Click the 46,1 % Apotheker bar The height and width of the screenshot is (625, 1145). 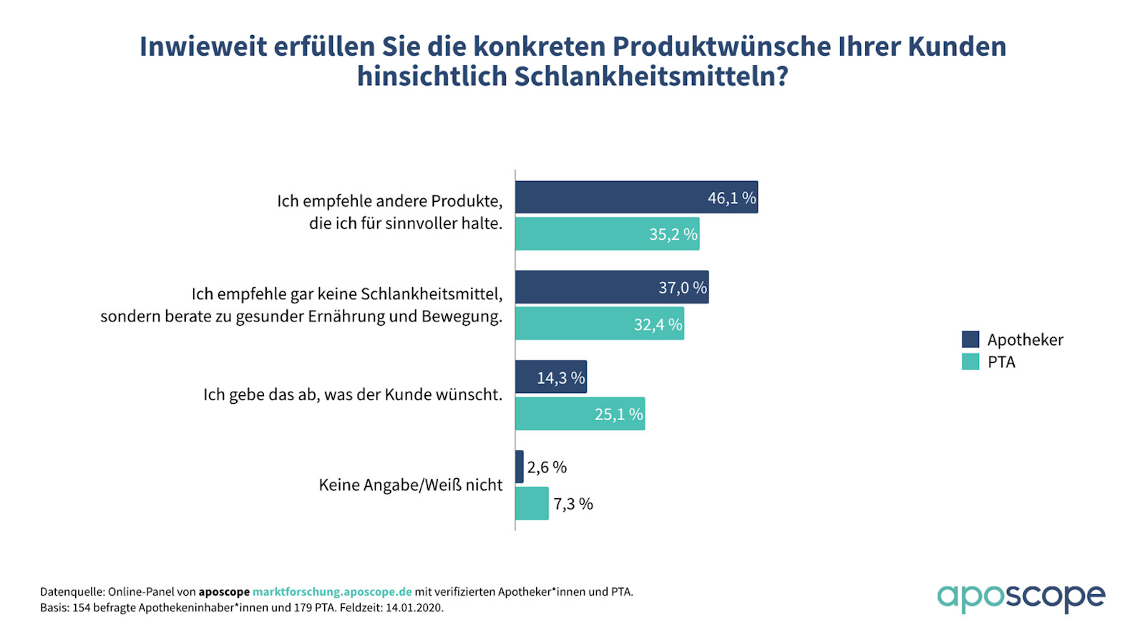click(635, 198)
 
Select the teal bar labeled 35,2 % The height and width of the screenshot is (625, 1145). click(607, 234)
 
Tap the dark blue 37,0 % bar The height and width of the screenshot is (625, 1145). click(611, 287)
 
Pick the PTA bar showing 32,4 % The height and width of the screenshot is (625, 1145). click(599, 324)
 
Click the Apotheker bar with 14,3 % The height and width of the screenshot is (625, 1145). click(550, 377)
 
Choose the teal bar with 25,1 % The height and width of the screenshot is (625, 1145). click(580, 414)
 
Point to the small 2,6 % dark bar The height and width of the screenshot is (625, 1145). click(520, 467)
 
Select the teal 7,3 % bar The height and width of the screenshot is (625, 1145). click(532, 503)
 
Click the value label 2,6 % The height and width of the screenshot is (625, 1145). click(547, 467)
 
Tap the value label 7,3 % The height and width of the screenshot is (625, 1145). click(573, 504)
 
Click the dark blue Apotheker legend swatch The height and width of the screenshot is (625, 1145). click(970, 339)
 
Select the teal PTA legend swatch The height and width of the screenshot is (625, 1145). click(970, 362)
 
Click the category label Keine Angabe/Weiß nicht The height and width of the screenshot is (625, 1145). click(410, 485)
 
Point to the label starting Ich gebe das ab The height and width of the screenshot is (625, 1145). click(352, 395)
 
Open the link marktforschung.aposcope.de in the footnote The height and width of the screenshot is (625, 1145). click(332, 592)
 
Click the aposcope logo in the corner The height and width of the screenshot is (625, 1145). click(1021, 596)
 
